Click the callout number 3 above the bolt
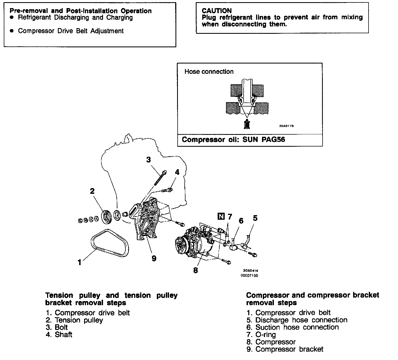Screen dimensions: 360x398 [x=148, y=160]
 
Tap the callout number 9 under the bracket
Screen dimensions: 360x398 [x=154, y=259]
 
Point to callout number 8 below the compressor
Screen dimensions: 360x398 [x=195, y=270]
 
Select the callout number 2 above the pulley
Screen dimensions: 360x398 [x=92, y=191]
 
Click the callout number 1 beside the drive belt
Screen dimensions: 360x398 [x=79, y=262]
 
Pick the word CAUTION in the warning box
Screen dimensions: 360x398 [x=217, y=11]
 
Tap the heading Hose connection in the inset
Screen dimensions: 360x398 [x=209, y=72]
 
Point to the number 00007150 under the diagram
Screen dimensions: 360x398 [x=249, y=276]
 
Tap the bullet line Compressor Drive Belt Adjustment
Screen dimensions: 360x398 [x=71, y=31]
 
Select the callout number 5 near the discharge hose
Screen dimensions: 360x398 [x=255, y=218]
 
